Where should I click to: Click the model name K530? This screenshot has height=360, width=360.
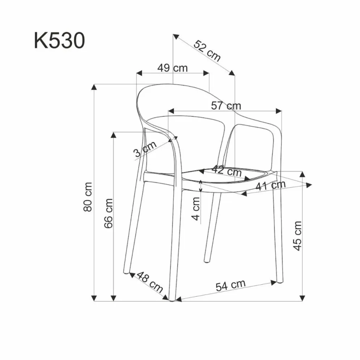(59, 41)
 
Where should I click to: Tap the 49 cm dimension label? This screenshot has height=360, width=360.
(173, 68)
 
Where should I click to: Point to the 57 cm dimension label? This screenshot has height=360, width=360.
(226, 106)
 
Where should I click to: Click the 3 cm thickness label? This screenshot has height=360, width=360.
(144, 149)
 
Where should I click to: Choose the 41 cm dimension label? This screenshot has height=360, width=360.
(270, 186)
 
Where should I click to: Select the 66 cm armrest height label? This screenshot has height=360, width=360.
(108, 213)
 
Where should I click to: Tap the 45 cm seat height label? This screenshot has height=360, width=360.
(297, 236)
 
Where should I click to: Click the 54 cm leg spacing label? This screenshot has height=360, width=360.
(230, 285)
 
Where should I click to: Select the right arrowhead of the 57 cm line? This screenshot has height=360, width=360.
(279, 110)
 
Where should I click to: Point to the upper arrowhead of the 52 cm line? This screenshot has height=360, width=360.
(176, 37)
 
